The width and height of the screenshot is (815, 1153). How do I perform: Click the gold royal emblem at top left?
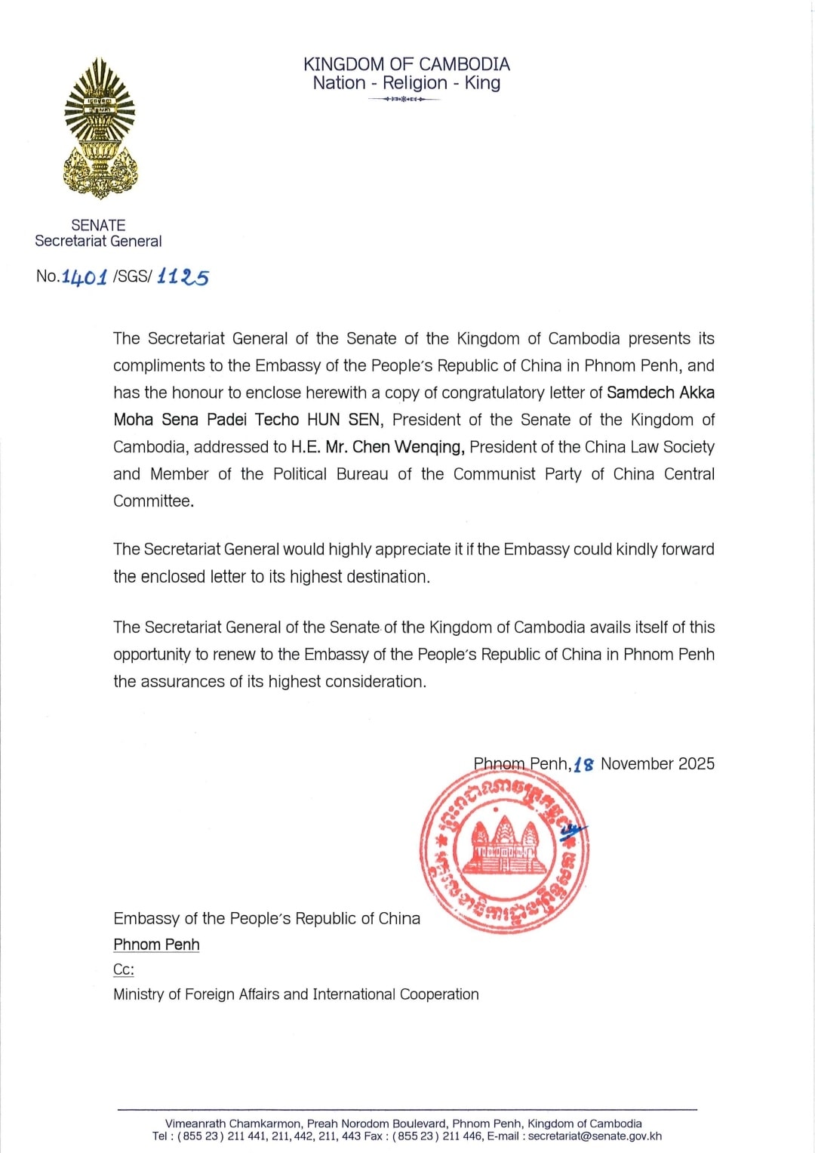click(100, 128)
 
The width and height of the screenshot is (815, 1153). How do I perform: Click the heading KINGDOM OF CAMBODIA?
click(407, 64)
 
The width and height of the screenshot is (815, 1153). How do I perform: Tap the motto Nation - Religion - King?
click(407, 83)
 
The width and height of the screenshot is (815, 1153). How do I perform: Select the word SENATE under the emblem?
click(98, 225)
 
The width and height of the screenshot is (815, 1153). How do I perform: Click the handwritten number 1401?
click(85, 277)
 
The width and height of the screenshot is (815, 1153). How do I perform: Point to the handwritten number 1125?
click(183, 277)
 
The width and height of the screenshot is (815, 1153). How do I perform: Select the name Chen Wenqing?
click(407, 447)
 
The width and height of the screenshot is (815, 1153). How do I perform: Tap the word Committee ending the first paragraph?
click(152, 501)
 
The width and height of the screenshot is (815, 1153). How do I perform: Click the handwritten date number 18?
click(583, 764)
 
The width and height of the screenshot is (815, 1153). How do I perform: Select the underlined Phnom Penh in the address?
click(156, 945)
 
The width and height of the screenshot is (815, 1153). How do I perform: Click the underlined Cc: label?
click(124, 970)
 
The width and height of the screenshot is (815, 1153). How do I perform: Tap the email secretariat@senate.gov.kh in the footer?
click(595, 1136)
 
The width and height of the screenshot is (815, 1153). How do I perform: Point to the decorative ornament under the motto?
click(404, 100)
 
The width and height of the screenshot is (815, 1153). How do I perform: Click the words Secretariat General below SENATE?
click(98, 242)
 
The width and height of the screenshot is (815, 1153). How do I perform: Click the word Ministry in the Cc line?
click(141, 994)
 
